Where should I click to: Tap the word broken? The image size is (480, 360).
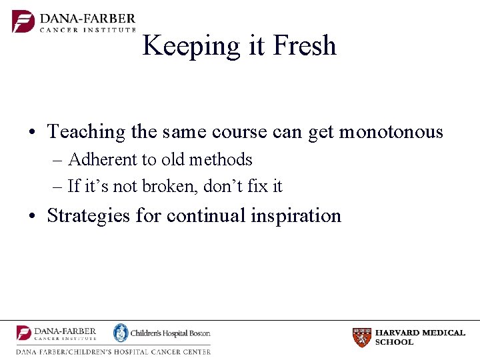167,187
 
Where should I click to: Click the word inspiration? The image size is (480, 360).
296,216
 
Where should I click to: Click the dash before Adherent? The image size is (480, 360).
57,161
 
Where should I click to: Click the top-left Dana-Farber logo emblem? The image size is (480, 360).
23,21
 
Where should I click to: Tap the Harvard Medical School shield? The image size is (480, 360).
362,337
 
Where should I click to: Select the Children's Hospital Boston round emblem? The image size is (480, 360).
120,333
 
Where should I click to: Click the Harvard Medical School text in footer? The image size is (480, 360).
420,337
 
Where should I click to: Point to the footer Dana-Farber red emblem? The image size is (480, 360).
24,333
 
